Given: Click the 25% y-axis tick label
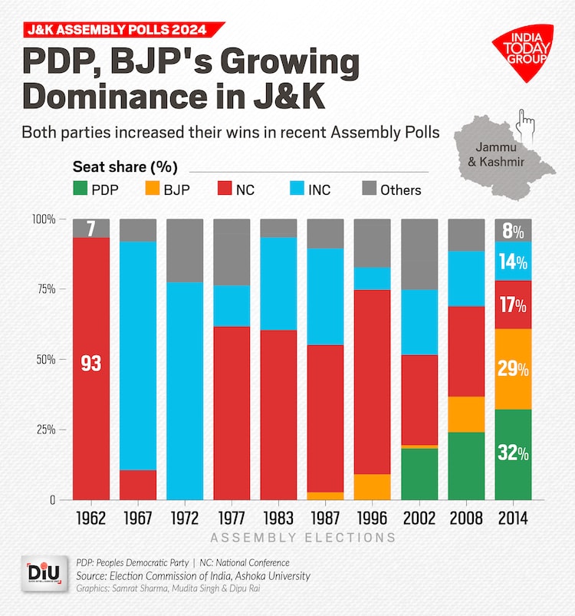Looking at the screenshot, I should click(x=44, y=430).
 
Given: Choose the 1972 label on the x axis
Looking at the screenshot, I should click(x=185, y=519).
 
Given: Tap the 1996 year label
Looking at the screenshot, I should click(x=373, y=519).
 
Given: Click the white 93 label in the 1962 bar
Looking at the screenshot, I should click(x=91, y=364).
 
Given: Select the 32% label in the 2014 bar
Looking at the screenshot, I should click(x=513, y=453).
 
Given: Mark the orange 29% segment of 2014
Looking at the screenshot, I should click(x=513, y=369).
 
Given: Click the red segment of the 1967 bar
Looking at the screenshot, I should click(x=138, y=485).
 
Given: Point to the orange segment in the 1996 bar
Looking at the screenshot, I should click(x=373, y=486).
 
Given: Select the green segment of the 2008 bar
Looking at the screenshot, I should click(x=466, y=466).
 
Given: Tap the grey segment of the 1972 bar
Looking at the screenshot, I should click(x=185, y=250).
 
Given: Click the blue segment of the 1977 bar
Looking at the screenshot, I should click(x=232, y=306).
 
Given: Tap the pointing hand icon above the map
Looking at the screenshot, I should click(x=526, y=120).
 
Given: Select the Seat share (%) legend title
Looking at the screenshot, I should click(x=125, y=166).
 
